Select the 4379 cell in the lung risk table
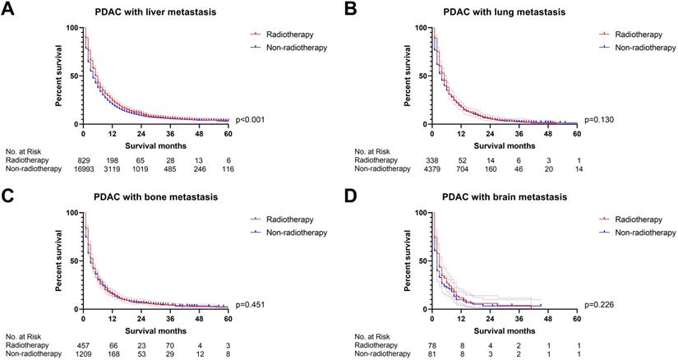[436, 169]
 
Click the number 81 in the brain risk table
[436, 354]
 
